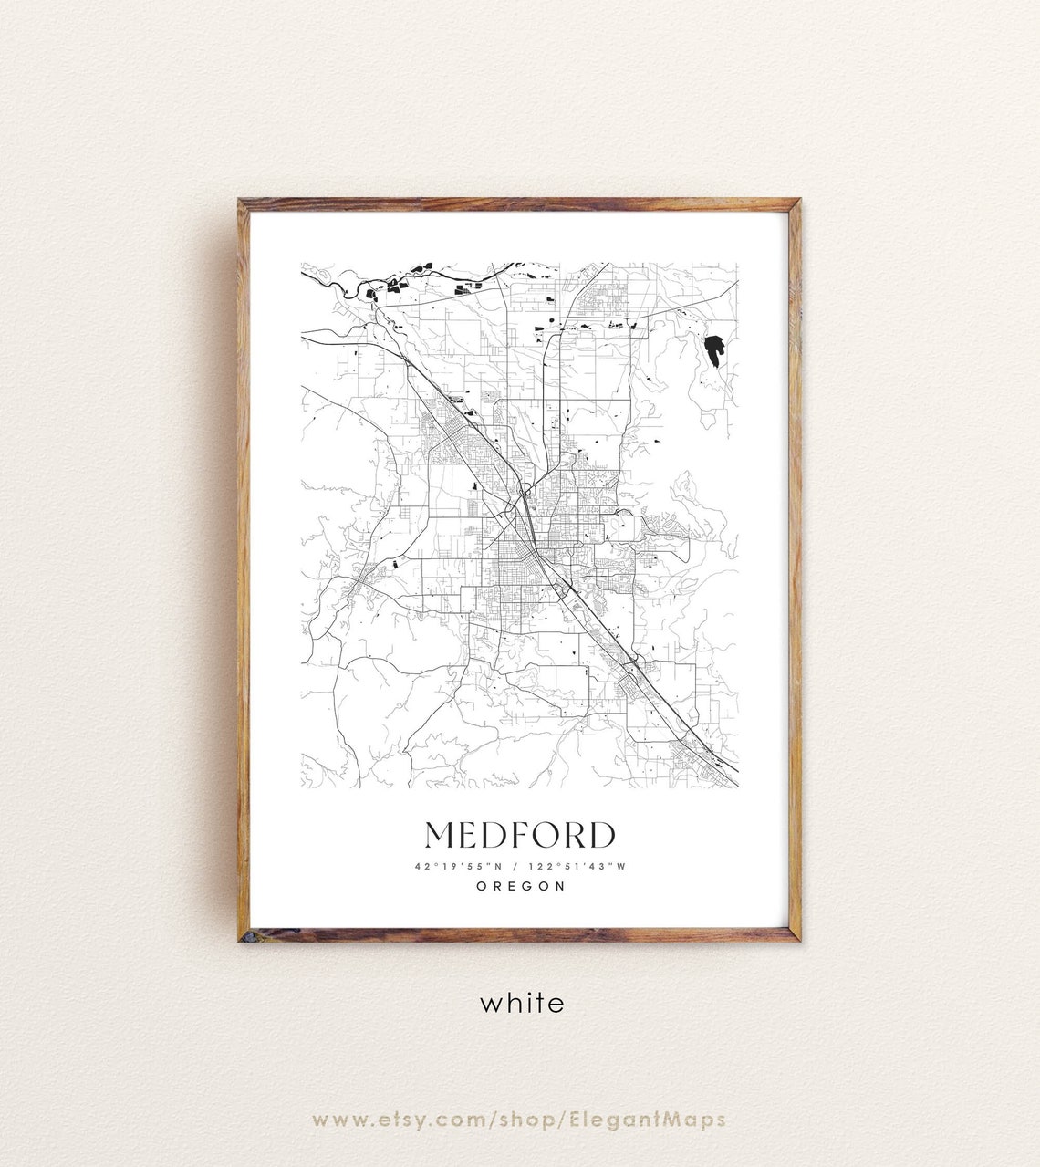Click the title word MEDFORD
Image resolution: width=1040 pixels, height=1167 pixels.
click(520, 835)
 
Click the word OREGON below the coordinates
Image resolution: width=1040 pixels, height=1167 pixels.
click(521, 886)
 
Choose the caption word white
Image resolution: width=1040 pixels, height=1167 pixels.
click(522, 1004)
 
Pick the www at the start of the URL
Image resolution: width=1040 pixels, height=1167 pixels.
click(339, 1120)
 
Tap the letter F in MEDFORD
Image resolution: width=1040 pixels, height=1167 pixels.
click(518, 835)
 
